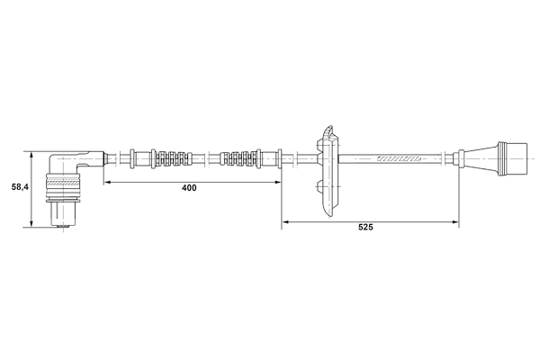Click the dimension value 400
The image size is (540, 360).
click(x=189, y=188)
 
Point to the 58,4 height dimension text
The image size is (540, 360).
click(x=20, y=187)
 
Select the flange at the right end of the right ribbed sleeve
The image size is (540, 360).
click(x=259, y=159)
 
